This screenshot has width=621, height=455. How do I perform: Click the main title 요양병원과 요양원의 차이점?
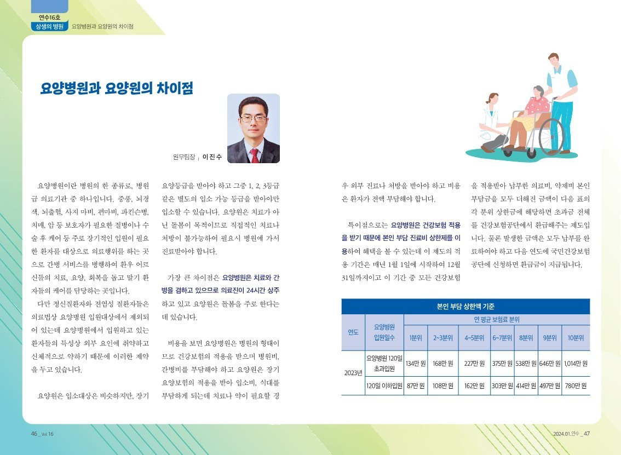(x=117, y=88)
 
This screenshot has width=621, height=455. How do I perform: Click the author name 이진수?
(x=212, y=157)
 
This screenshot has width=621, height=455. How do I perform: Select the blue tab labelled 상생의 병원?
(x=49, y=26)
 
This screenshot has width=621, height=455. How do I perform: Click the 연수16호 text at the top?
(x=49, y=17)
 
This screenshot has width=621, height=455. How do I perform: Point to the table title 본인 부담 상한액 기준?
(x=465, y=307)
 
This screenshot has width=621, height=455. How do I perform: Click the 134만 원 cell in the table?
(x=416, y=363)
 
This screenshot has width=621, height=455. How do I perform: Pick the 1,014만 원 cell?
(x=576, y=363)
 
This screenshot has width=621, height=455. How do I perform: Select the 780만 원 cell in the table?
(x=576, y=385)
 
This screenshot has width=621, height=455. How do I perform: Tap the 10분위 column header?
(x=576, y=338)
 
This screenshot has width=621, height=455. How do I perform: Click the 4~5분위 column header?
(x=474, y=338)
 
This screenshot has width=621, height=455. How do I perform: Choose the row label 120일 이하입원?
(x=384, y=385)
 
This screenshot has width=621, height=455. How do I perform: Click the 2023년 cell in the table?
(x=353, y=373)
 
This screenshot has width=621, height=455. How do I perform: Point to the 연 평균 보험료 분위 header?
(x=497, y=319)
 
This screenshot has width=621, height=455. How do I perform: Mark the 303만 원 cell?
(x=502, y=385)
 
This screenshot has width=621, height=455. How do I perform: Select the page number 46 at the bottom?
(x=34, y=434)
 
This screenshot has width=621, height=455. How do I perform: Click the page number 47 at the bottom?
(x=586, y=434)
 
